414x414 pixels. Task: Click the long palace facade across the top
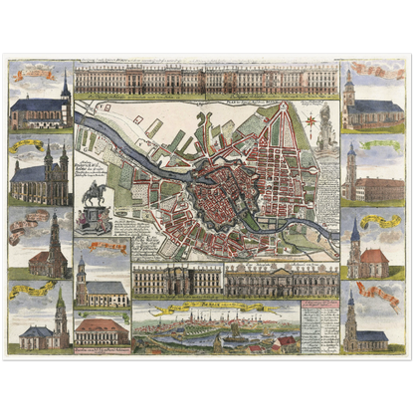pos(206,81)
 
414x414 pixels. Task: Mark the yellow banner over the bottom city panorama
pos(199,309)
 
